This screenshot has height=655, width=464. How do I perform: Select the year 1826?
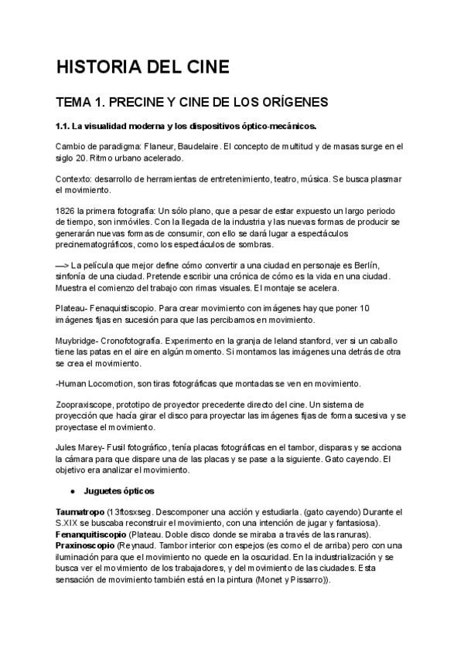coord(67,210)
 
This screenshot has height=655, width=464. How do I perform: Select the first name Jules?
coord(67,447)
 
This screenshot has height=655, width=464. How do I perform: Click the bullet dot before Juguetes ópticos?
coord(72,490)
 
